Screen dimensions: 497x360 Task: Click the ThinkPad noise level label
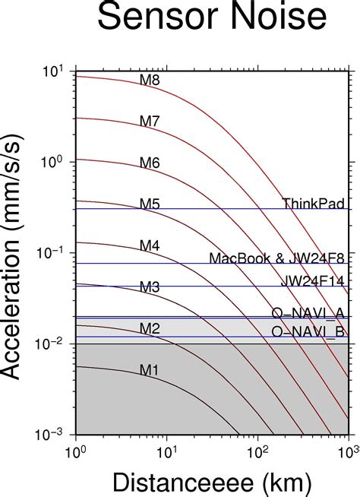[x=313, y=203]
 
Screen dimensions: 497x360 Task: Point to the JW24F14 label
[x=312, y=280]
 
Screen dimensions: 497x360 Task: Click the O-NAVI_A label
[x=308, y=313]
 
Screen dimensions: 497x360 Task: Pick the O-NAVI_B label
[x=308, y=331]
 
